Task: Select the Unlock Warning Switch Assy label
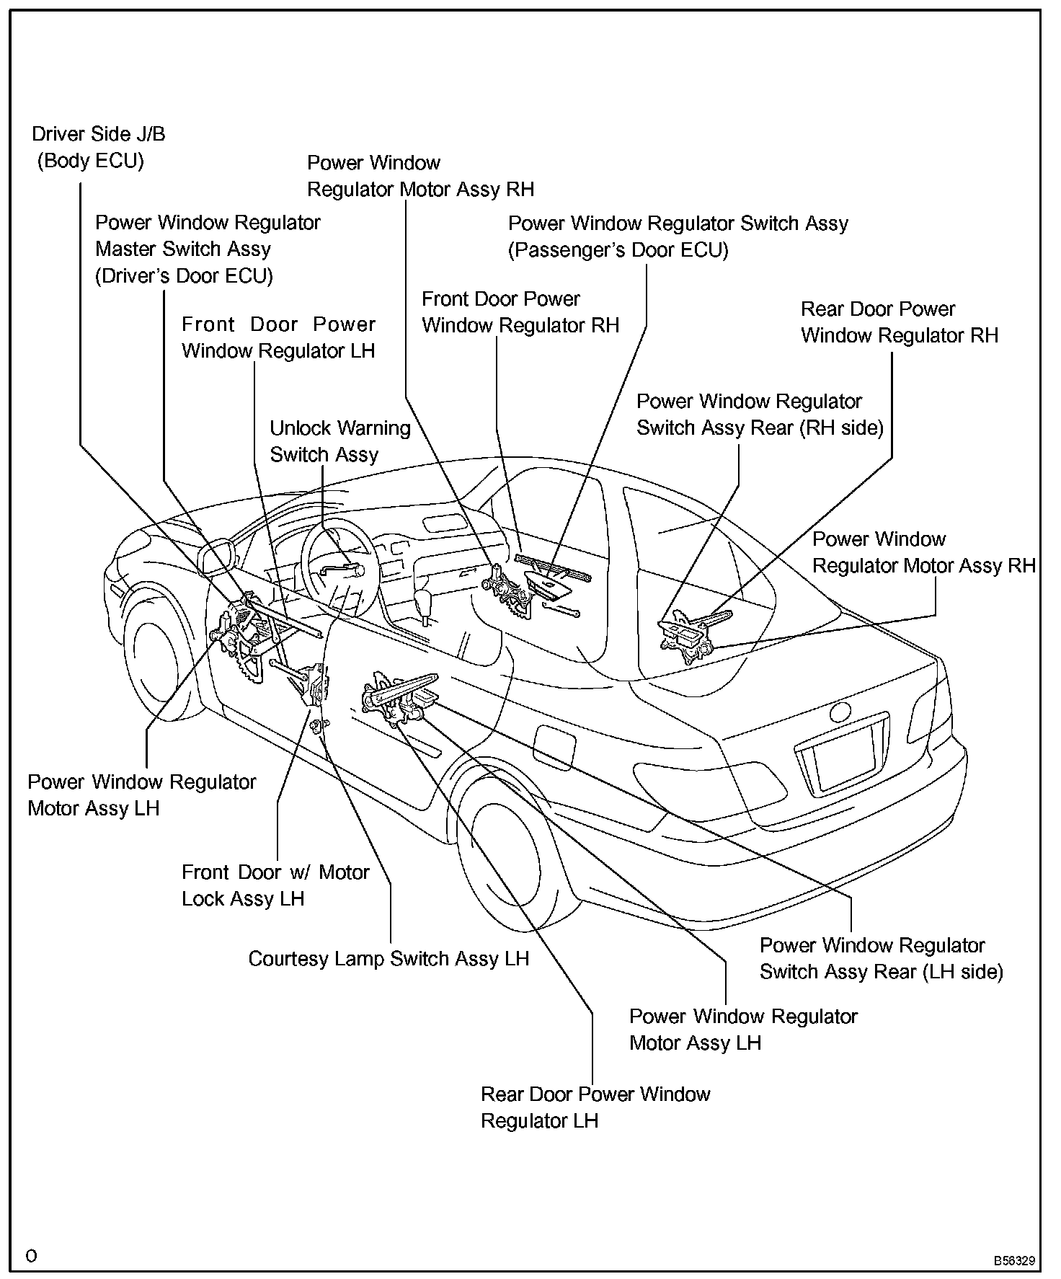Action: pyautogui.click(x=339, y=441)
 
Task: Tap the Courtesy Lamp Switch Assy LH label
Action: pyautogui.click(x=389, y=959)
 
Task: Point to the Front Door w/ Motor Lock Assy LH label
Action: pyautogui.click(x=275, y=885)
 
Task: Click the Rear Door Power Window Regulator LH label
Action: pyautogui.click(x=595, y=1107)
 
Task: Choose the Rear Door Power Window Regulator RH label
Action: pyautogui.click(x=899, y=322)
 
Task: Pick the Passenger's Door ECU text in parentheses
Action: pyautogui.click(x=618, y=250)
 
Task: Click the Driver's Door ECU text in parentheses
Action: pyautogui.click(x=184, y=276)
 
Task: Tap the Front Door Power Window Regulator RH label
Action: pyautogui.click(x=520, y=312)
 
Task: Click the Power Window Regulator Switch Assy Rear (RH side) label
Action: pyautogui.click(x=759, y=415)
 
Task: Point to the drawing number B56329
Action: pyautogui.click(x=1014, y=1261)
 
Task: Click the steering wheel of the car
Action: pyautogui.click(x=337, y=570)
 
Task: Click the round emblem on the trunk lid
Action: pyautogui.click(x=840, y=712)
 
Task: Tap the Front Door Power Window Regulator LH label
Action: pyautogui.click(x=278, y=337)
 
